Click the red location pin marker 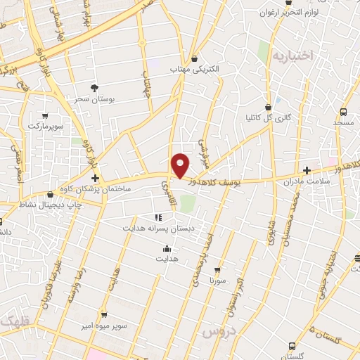click(x=181, y=165)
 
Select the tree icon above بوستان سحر click(x=94, y=88)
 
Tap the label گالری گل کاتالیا click(x=268, y=117)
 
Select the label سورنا click(x=217, y=280)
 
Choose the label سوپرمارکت click(x=45, y=126)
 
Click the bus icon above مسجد click(x=343, y=112)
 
